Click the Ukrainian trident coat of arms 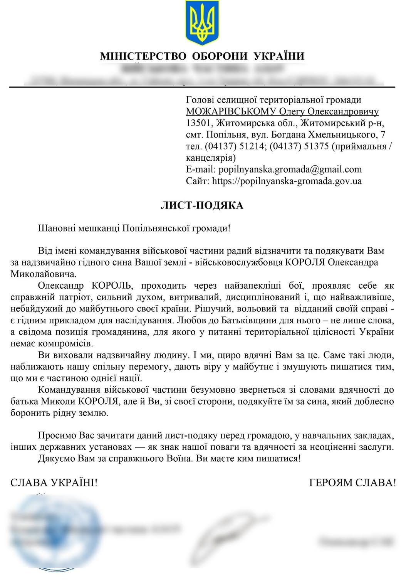coord(202,23)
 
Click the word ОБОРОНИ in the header coord(220,56)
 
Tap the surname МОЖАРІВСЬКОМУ coord(231,112)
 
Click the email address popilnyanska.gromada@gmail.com coord(290,170)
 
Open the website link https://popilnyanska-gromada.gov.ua coord(287,181)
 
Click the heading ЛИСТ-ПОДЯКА coord(202,205)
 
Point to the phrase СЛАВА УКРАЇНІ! coord(54,482)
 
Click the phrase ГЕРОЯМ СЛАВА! coord(352,482)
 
